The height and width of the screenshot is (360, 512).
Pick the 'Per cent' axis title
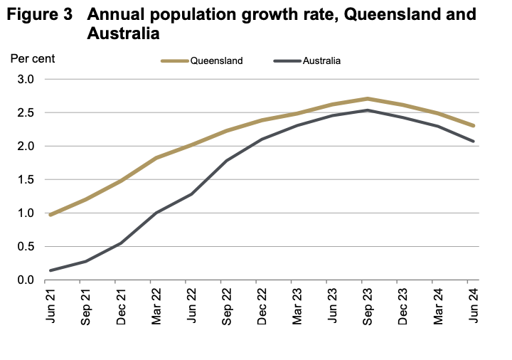coord(32,58)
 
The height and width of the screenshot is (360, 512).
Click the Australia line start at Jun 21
coord(50,270)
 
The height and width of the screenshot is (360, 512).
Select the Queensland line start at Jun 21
coord(50,215)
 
